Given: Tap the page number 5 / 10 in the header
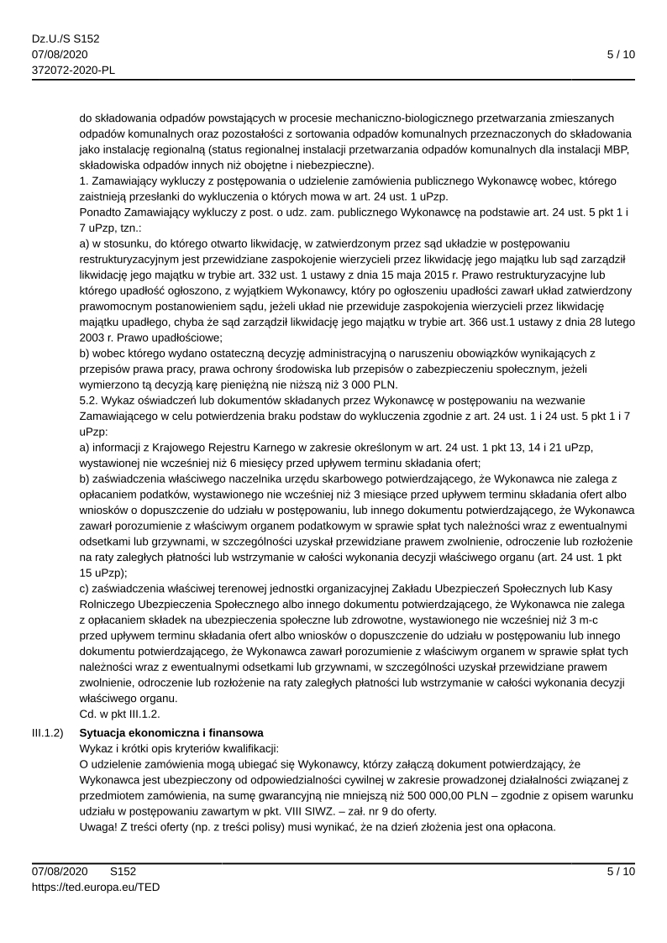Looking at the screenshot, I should (x=621, y=55).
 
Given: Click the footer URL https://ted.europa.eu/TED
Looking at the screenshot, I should (x=96, y=886).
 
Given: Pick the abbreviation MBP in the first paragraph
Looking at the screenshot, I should (x=602, y=149).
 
